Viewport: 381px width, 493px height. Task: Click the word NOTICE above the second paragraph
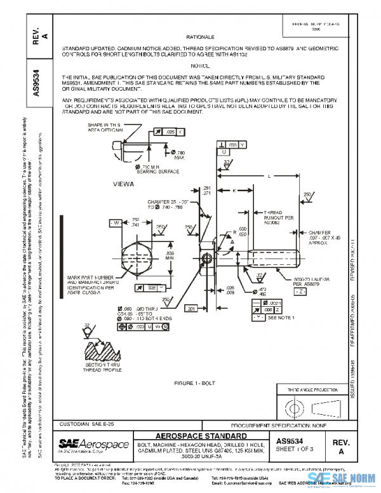(200, 65)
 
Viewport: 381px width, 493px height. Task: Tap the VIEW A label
(124, 184)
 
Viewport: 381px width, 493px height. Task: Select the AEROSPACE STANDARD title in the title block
(201, 436)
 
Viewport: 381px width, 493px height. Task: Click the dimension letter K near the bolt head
(234, 190)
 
